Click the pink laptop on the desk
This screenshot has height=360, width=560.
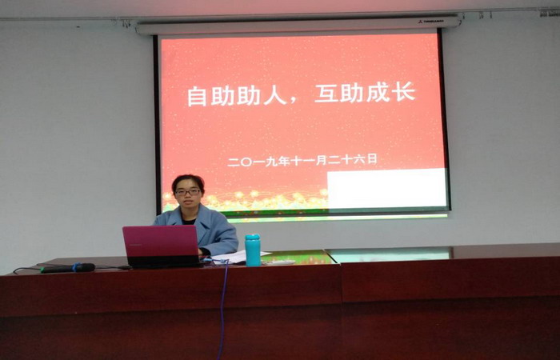pyautogui.click(x=162, y=246)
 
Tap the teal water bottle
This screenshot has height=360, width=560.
pyautogui.click(x=253, y=250)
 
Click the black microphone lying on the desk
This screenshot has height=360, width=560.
pyautogui.click(x=68, y=268)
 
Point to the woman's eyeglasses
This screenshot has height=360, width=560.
pyautogui.click(x=188, y=192)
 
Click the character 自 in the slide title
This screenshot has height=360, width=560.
pyautogui.click(x=197, y=95)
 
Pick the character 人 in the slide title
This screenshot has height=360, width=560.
pyautogui.click(x=275, y=94)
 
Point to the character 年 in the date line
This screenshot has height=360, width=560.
pyautogui.click(x=282, y=162)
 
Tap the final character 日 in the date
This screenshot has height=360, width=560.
pyautogui.click(x=372, y=159)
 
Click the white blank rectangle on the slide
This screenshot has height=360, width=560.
pyautogui.click(x=387, y=189)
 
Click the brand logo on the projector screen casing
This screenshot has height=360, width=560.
pyautogui.click(x=431, y=22)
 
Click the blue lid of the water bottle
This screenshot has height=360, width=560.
pyautogui.click(x=253, y=237)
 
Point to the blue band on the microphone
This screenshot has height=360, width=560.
pyautogui.click(x=75, y=267)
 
